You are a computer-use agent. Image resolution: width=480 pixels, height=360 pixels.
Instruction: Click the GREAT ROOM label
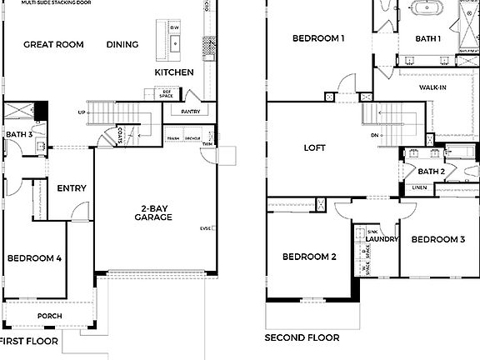[x=53, y=45]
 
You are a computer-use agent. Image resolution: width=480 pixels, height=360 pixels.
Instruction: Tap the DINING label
[x=122, y=45]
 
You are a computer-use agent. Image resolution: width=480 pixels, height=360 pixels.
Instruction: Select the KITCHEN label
[x=174, y=72]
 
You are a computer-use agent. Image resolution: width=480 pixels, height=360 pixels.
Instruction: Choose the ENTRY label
[x=72, y=188]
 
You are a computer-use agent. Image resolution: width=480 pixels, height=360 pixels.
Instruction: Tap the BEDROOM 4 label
[x=34, y=258]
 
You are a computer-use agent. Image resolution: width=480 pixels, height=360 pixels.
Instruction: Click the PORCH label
[x=49, y=316]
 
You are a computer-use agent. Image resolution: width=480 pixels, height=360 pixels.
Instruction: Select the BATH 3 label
[x=19, y=134]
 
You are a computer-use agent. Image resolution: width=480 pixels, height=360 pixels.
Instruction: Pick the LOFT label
[x=314, y=148]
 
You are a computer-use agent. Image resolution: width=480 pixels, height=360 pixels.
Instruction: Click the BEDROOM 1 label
[x=317, y=38]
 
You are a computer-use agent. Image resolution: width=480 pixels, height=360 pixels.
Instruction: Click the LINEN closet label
[x=420, y=187]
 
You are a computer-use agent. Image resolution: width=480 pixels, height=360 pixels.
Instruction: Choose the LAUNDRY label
[x=382, y=240]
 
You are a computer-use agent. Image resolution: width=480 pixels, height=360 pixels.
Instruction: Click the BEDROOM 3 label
[x=438, y=240]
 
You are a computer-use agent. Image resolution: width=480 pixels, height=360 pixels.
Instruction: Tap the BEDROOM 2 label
[x=308, y=257]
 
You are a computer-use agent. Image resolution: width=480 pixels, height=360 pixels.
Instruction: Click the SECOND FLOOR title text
[x=302, y=337]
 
